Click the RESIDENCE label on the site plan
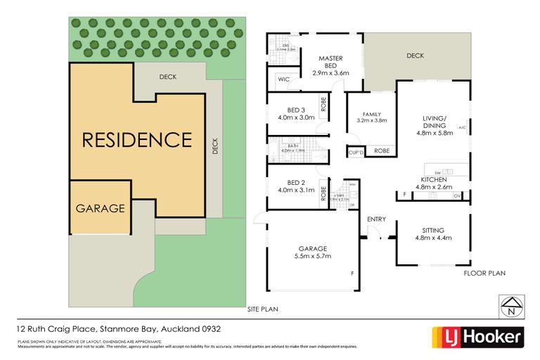coord(137,139)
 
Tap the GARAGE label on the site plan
coord(101,208)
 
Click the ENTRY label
coord(376,219)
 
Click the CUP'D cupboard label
coord(356,152)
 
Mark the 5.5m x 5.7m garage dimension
coord(312,257)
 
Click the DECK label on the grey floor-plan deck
coord(414,56)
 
